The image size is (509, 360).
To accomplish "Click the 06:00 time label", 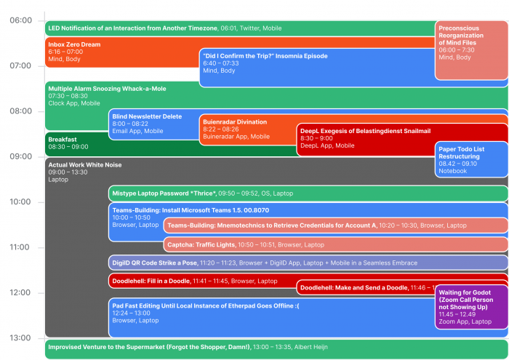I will (x=20, y=20).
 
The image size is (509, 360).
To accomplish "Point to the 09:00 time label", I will (x=20, y=156).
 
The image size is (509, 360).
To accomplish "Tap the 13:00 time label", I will (x=20, y=338).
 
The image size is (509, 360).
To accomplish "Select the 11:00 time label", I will (x=20, y=247).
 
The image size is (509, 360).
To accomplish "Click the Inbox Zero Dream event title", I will (x=74, y=44).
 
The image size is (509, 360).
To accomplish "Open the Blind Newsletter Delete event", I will (x=147, y=116).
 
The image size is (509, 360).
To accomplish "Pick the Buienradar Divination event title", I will (x=235, y=122).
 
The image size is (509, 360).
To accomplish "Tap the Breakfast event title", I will (x=63, y=139).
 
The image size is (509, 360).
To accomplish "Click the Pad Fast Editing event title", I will (x=206, y=305).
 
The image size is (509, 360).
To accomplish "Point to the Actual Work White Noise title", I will (x=85, y=165).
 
